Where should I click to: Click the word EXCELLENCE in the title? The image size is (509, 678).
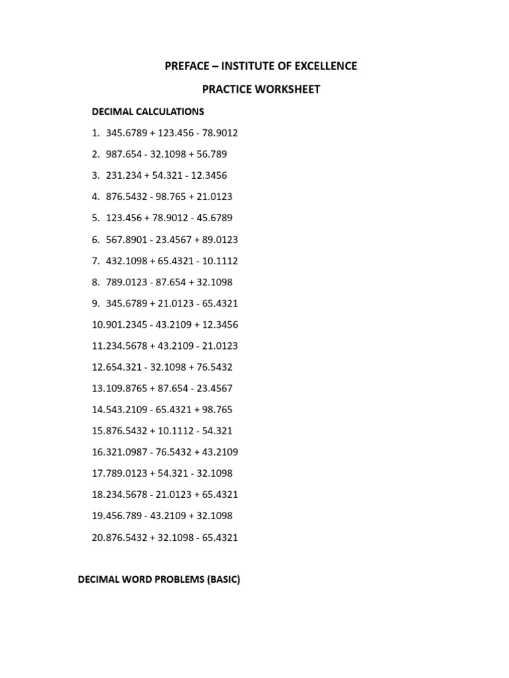tap(322, 66)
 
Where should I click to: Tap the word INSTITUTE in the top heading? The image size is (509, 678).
tap(231, 66)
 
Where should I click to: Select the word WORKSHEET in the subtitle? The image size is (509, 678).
tap(289, 89)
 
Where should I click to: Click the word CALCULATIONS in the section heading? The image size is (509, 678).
tap(168, 111)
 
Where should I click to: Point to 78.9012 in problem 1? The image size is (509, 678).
tap(216, 133)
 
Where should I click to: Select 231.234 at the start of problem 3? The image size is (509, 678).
tap(123, 175)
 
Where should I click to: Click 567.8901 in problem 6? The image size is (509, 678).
tap(126, 239)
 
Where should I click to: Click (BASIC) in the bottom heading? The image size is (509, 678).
tap(224, 580)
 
